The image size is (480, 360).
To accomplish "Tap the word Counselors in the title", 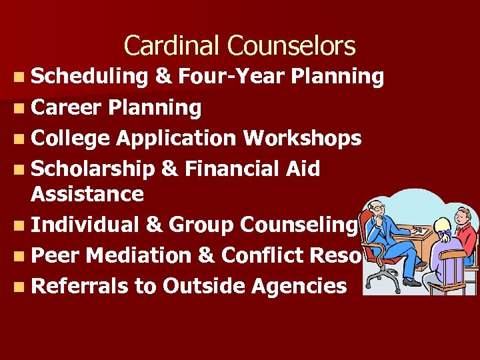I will point(291,46).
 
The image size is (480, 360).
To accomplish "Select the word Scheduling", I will point(89,77).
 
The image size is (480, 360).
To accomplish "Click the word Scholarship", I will point(93,169).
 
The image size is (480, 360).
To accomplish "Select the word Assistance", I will point(87,194).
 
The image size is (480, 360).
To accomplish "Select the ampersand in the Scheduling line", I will point(161,77).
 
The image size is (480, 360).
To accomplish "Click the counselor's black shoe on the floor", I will point(411,281).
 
